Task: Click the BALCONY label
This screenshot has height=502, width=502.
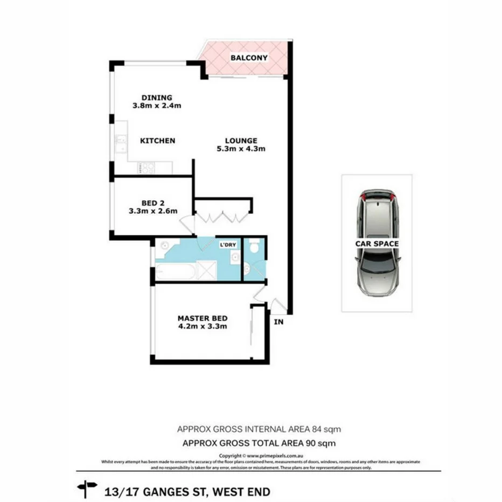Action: coord(249,57)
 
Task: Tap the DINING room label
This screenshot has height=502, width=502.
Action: coord(157,97)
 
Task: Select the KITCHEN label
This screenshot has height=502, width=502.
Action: coord(157,141)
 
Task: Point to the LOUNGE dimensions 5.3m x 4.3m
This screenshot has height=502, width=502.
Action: coord(241,149)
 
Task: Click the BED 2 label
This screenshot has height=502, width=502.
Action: coord(153,203)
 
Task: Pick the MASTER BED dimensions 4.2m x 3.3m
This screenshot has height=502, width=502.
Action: coord(202,326)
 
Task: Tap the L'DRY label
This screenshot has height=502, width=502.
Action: coord(227,246)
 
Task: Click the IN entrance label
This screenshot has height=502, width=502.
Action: coord(278,323)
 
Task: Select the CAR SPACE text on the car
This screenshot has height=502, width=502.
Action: coord(376,244)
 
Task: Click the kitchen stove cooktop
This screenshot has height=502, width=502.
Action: coord(145,168)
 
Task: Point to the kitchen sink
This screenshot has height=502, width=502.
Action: coord(120,144)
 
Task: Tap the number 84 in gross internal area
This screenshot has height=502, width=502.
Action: coord(317,430)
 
